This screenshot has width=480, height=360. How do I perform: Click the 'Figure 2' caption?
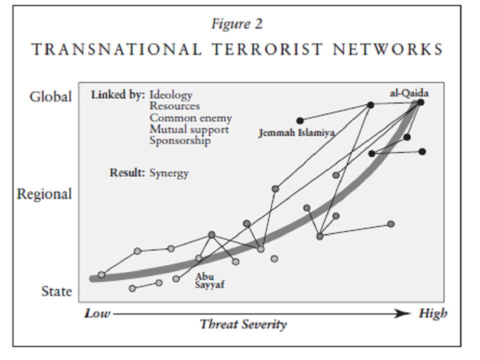click(236, 24)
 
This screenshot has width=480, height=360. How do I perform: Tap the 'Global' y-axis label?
click(51, 96)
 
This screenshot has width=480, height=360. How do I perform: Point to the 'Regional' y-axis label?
click(44, 194)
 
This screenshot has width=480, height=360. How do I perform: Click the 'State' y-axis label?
click(56, 291)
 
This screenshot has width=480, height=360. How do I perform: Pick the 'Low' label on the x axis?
click(97, 313)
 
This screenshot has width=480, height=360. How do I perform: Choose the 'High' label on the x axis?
click(433, 313)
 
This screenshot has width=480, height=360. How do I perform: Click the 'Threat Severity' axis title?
click(243, 324)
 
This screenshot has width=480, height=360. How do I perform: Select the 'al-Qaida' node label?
click(409, 93)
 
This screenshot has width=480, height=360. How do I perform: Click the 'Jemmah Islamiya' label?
click(296, 133)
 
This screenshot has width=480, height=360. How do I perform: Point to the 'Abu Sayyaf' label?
click(209, 280)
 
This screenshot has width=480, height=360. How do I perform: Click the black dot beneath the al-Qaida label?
click(420, 102)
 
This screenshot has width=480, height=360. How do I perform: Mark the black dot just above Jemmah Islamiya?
click(300, 120)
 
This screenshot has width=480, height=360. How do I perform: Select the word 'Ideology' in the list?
click(170, 94)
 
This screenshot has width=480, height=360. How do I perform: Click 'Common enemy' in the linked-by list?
click(190, 118)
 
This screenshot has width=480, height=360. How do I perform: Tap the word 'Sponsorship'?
click(180, 140)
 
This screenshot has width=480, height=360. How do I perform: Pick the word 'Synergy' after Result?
click(169, 173)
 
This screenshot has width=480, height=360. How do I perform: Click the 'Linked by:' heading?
click(118, 94)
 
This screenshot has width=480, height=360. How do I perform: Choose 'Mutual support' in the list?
click(189, 129)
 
